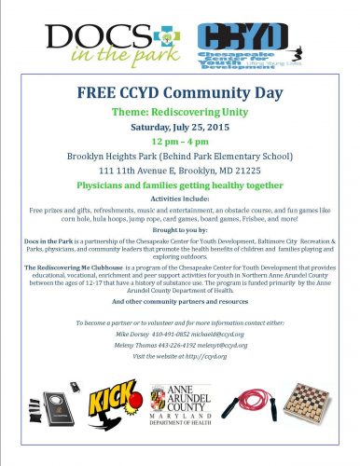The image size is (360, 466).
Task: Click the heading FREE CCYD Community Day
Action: (180, 96)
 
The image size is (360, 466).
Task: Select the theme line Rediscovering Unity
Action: (180, 115)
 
